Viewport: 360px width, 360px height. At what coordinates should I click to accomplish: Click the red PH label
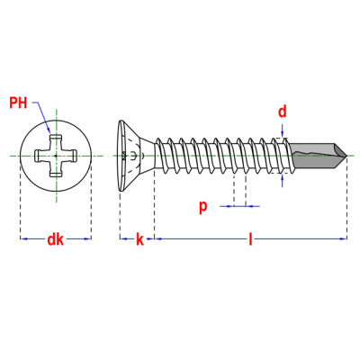coord(18,103)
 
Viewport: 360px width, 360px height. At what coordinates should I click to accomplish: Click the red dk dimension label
coord(56,239)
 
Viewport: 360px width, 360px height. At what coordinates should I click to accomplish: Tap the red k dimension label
coord(139,239)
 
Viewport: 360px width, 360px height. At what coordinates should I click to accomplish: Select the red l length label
coord(250,239)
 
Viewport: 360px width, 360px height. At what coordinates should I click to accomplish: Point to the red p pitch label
coord(203,206)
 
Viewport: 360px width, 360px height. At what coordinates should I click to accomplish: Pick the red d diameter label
coord(283,112)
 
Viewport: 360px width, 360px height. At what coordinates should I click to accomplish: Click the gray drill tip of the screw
coord(319,156)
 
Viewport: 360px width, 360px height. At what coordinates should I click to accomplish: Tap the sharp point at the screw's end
coord(346,156)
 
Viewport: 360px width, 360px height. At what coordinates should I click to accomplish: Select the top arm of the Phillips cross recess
coord(56,142)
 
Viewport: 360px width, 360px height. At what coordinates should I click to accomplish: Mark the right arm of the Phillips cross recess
coord(69,156)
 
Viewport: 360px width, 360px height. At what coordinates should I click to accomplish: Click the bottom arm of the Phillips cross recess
coord(56,169)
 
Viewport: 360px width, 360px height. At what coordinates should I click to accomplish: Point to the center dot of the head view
coord(56,156)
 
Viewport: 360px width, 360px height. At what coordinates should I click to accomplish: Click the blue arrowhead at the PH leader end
coord(49,130)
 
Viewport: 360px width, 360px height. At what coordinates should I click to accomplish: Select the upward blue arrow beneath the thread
coord(283,181)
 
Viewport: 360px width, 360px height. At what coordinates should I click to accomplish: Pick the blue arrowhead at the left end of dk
coord(24,238)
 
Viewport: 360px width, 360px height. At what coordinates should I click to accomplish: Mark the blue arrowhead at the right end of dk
coord(87,238)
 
